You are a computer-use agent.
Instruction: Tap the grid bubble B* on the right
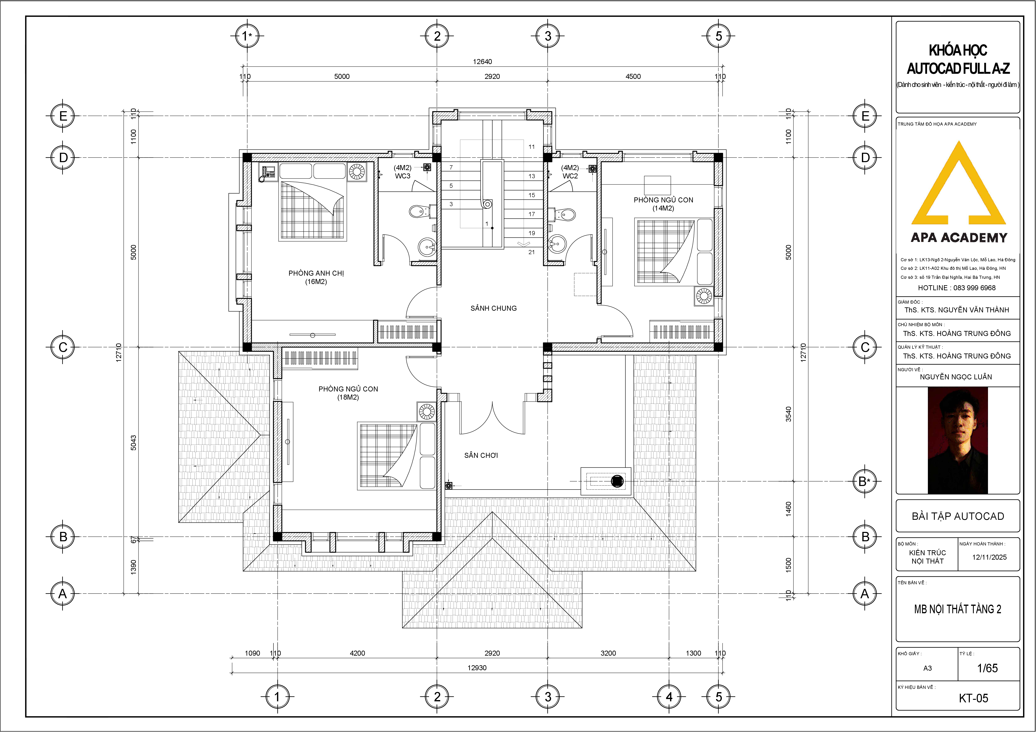click(865, 481)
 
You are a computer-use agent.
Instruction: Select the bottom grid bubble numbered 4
click(669, 697)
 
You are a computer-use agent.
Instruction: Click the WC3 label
click(402, 176)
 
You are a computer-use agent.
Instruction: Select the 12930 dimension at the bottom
click(477, 668)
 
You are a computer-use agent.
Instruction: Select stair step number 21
click(531, 252)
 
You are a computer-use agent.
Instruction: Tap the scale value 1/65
click(987, 668)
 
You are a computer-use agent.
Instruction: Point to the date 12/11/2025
click(989, 557)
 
